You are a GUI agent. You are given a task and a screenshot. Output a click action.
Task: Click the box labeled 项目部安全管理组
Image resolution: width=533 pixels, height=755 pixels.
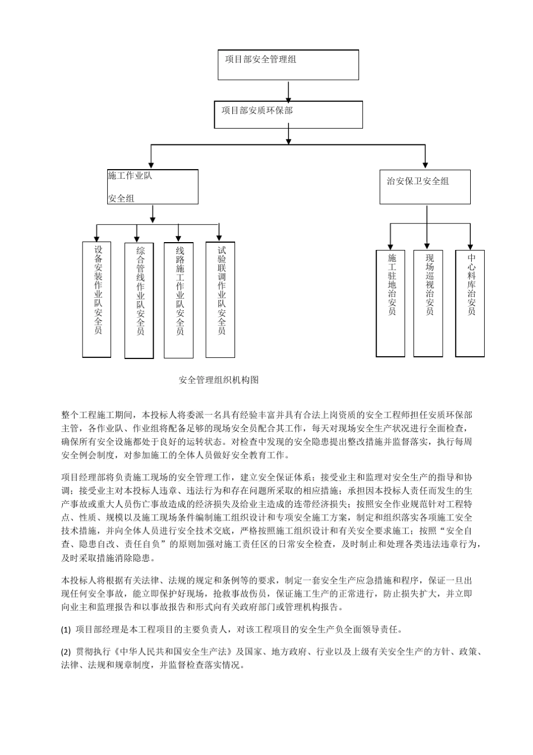coord(288,65)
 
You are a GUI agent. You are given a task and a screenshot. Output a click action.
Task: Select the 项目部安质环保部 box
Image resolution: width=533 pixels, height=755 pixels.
coord(288,115)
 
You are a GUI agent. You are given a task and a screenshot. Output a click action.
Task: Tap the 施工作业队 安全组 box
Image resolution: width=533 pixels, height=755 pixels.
coord(153,187)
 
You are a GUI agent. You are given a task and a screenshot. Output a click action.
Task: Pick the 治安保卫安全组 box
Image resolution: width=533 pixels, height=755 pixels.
coord(425,187)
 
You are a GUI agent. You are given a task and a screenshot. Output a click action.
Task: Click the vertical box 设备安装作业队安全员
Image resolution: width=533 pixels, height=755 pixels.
coord(97,299)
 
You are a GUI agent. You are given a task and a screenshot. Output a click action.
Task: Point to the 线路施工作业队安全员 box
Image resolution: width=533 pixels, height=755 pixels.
coord(178,299)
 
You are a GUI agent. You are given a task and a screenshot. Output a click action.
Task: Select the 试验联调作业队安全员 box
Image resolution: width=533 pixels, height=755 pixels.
coord(220,299)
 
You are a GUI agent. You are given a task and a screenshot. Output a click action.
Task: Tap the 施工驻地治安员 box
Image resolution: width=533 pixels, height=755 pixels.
coord(390,303)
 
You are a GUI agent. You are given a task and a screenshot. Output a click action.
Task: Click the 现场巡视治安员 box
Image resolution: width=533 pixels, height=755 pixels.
coord(428,303)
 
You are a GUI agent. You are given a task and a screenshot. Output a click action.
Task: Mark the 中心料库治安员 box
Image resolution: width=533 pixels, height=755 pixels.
coord(470,303)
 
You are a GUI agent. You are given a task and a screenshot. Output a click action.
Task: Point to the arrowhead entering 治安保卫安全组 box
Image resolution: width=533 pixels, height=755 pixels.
coord(425,166)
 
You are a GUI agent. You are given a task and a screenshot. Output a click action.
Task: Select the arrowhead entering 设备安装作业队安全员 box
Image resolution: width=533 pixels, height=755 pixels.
coord(97,238)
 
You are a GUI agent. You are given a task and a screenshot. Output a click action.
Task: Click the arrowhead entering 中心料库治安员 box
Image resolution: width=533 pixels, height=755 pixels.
coord(470,246)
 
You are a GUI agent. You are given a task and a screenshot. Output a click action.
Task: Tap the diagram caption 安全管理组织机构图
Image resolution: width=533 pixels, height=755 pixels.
coord(219,380)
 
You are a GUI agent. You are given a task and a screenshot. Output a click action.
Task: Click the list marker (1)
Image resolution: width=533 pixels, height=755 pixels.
coord(66,630)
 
